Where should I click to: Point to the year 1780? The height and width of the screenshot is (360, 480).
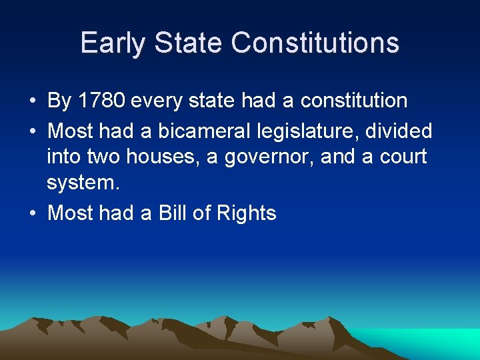[x=102, y=101]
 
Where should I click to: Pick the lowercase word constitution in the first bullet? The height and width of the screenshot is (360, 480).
[x=354, y=101]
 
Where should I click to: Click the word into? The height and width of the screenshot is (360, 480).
[x=62, y=157]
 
